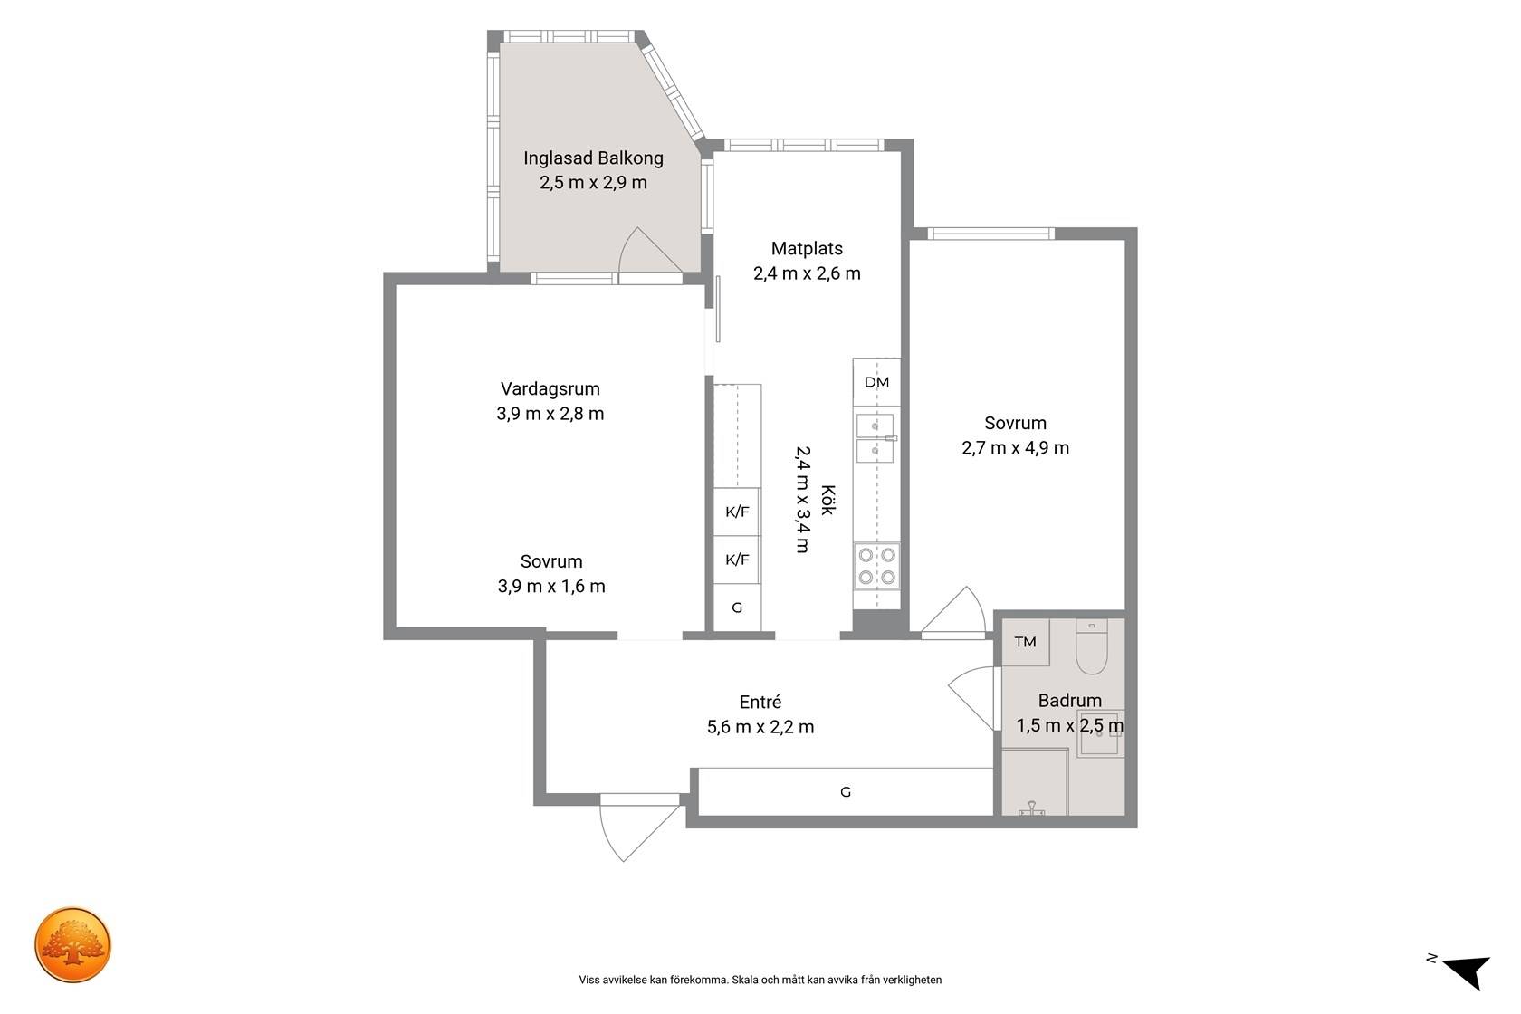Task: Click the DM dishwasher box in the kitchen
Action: pos(876,382)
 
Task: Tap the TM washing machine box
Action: pos(1025,642)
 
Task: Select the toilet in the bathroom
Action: pos(1092,646)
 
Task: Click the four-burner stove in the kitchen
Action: pos(876,566)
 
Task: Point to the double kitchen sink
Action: pos(875,438)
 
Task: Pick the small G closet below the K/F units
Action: pos(737,607)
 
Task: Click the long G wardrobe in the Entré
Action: pos(846,791)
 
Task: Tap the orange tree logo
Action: pos(72,944)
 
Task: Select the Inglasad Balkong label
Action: pos(594,158)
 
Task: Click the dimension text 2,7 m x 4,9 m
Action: pos(1015,448)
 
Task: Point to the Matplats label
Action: pos(807,249)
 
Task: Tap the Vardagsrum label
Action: pos(550,389)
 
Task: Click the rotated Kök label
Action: pos(827,500)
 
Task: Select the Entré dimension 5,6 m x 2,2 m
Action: pos(760,727)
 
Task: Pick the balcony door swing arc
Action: pos(650,252)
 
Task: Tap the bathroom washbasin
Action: pos(1100,733)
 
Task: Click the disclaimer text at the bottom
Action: pos(760,980)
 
